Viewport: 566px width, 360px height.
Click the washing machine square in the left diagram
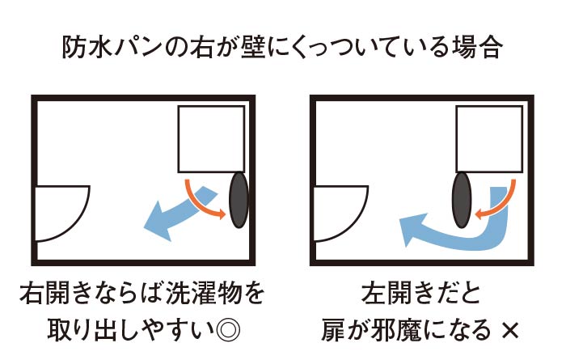point(211,139)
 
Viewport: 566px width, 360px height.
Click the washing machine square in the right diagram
point(489,139)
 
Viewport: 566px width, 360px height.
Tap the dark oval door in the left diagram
point(239,200)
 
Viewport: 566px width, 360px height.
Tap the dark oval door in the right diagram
point(462,200)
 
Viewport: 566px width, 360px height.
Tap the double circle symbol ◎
point(228,329)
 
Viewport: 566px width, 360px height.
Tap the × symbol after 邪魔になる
point(509,330)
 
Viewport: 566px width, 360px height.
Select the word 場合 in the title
point(478,47)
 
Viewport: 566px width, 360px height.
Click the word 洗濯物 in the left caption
point(204,293)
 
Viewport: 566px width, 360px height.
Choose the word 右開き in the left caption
point(55,293)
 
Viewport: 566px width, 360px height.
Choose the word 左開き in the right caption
point(397,293)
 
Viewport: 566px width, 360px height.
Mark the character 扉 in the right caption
point(333,330)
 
